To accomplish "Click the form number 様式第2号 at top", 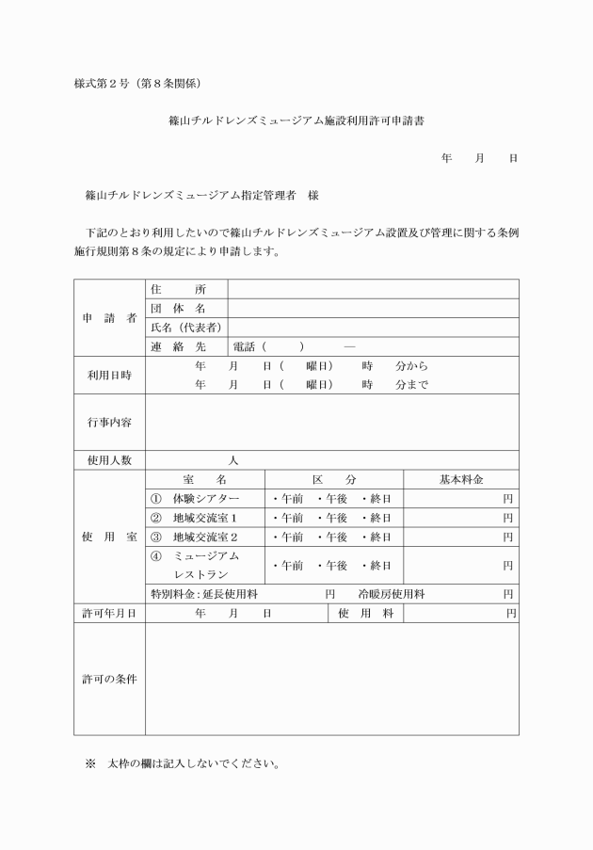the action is coord(104,84).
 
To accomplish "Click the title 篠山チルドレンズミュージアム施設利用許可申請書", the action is coord(296,121).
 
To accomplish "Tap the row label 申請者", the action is coord(108,317).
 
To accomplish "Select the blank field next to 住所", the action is coord(373,289).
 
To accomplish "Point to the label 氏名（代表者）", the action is coord(185,327).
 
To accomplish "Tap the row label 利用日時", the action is coord(109,375).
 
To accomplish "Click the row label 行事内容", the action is coord(109,422).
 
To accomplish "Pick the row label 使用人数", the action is coord(109,460).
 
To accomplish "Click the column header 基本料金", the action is coord(461,479).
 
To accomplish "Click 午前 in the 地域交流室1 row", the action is coord(286,518).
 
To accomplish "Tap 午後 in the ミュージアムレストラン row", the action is coord(331,566).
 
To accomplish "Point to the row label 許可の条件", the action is coord(109,679).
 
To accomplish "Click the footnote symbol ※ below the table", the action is coord(91,762).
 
